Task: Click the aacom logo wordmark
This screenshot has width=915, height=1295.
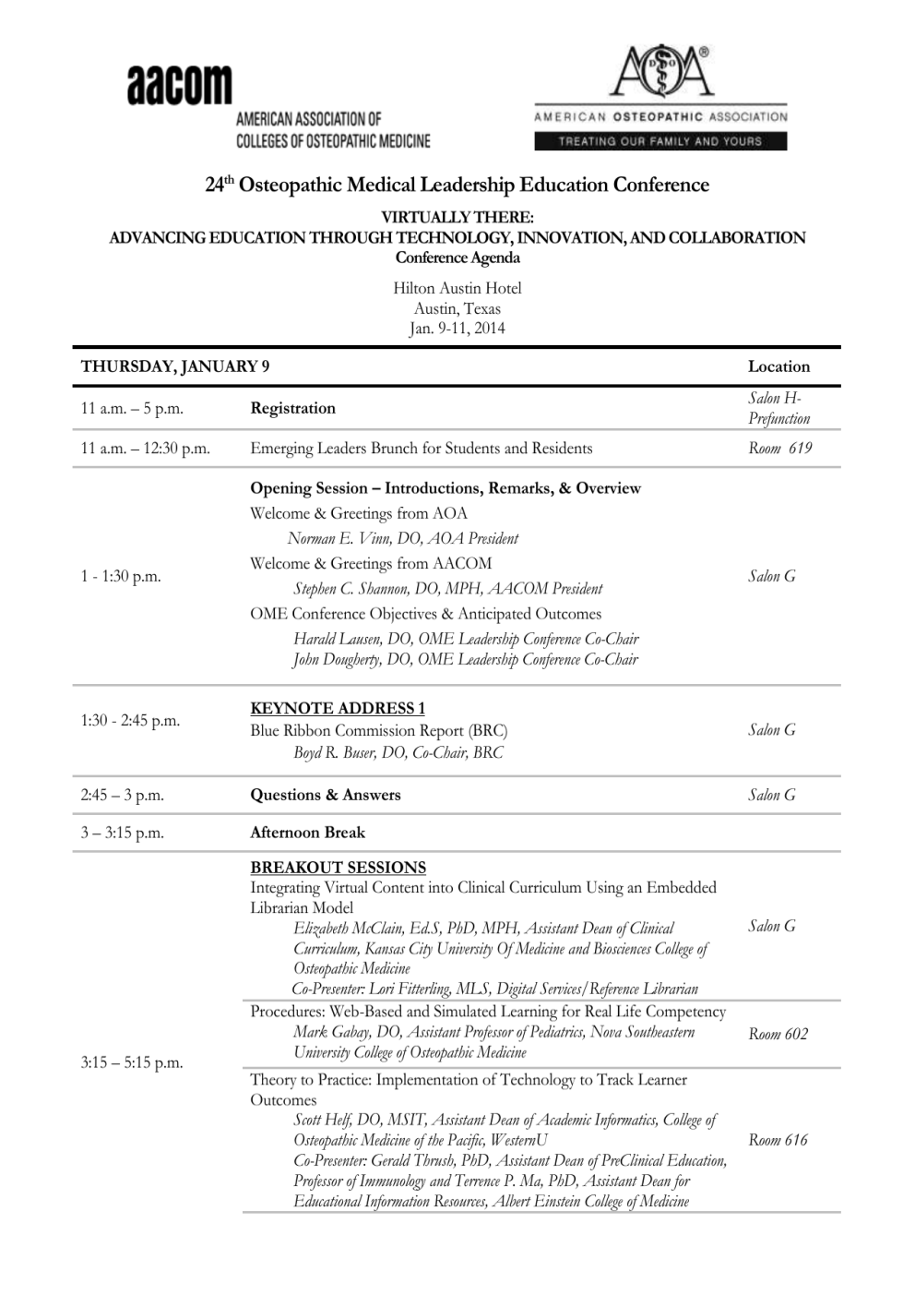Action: click(180, 87)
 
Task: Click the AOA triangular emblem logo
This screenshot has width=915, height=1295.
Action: click(660, 72)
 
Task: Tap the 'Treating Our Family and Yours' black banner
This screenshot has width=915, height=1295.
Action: click(660, 141)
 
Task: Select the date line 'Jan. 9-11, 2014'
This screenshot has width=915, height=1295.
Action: click(457, 329)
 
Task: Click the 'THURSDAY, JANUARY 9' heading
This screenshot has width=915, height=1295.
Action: click(175, 366)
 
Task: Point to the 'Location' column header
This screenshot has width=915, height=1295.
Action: click(778, 366)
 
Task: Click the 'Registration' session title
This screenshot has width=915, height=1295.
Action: click(293, 408)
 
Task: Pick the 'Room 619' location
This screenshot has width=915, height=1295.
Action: click(780, 449)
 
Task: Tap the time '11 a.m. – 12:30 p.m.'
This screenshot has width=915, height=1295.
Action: click(146, 449)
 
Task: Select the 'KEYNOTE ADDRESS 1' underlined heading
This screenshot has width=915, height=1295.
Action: click(338, 708)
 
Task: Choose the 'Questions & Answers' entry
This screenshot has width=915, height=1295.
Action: click(326, 795)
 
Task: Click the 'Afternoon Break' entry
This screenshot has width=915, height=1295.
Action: click(308, 833)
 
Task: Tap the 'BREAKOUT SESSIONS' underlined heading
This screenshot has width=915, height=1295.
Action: click(339, 868)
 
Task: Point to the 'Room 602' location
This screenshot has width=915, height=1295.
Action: click(778, 1034)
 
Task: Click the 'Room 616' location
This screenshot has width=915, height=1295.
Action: click(778, 1140)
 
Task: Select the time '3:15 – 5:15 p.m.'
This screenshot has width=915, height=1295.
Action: click(132, 1062)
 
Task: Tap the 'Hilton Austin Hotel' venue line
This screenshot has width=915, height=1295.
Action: click(457, 288)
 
